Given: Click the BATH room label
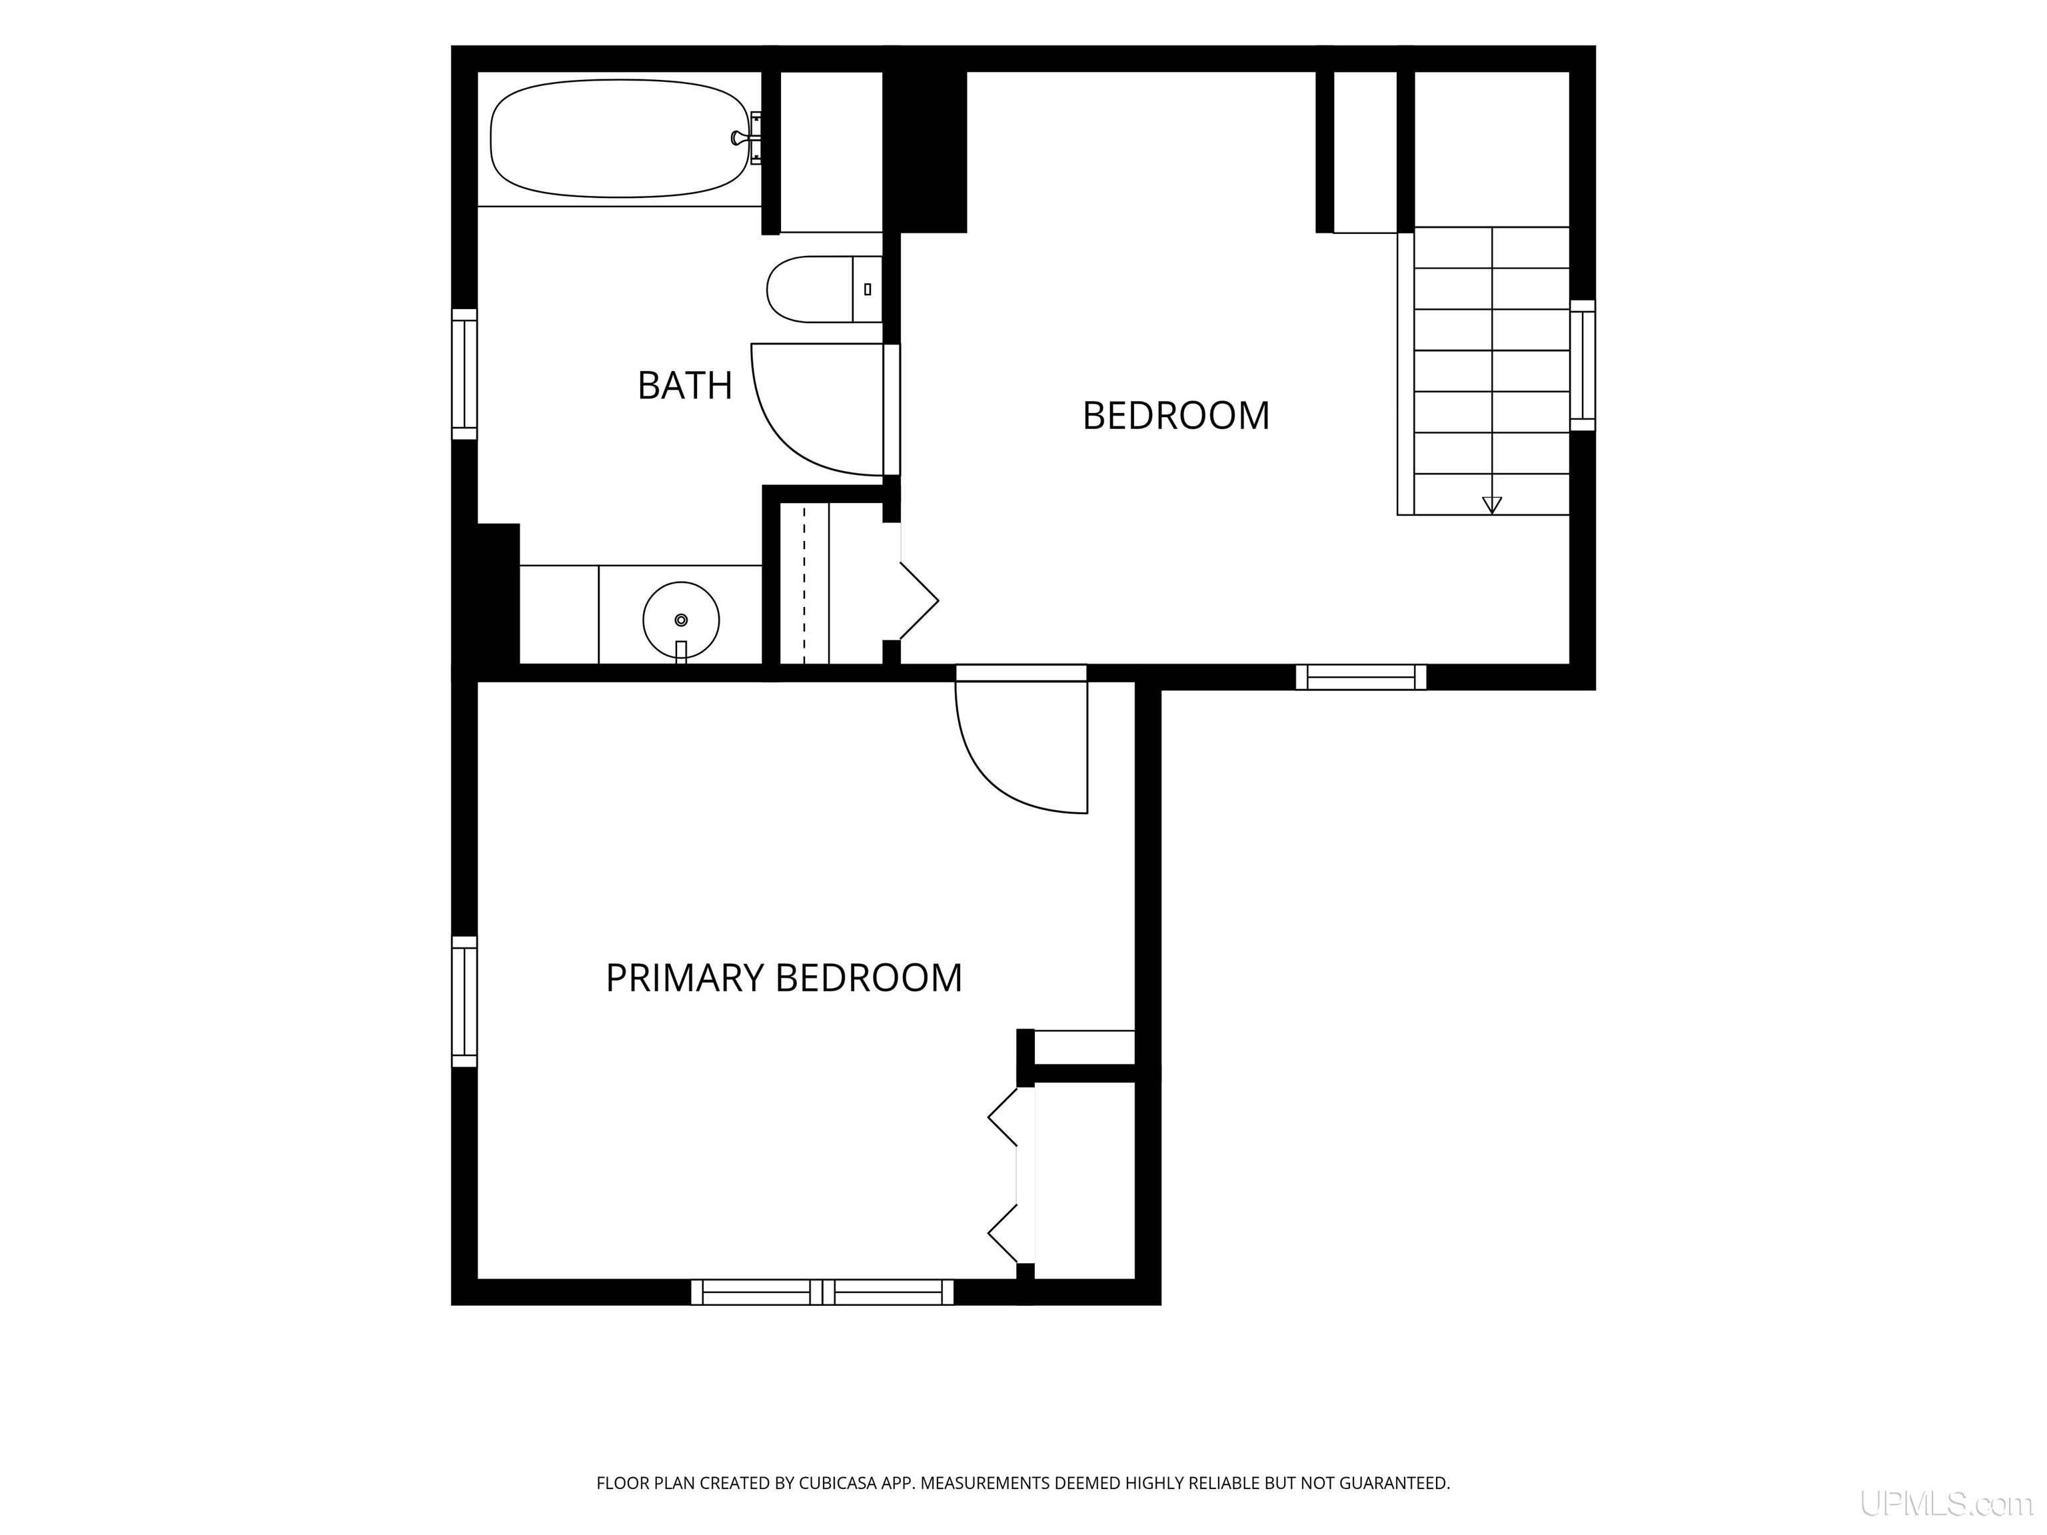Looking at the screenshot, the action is pyautogui.click(x=685, y=385).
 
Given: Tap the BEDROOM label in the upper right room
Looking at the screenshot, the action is pyautogui.click(x=1175, y=416).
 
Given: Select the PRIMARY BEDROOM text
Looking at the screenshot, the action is pyautogui.click(x=784, y=978).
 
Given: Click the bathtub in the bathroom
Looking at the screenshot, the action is pyautogui.click(x=619, y=139).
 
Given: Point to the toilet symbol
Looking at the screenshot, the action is pyautogui.click(x=824, y=290).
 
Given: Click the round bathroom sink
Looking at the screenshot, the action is pyautogui.click(x=681, y=620).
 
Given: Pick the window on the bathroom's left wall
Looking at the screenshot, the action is pyautogui.click(x=464, y=374).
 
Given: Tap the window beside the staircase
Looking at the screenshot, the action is pyautogui.click(x=1583, y=366).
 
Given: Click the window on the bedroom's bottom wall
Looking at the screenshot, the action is pyautogui.click(x=1361, y=678).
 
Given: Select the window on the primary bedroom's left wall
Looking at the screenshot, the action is pyautogui.click(x=464, y=1002).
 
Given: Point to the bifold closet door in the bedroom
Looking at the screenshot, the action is pyautogui.click(x=919, y=602).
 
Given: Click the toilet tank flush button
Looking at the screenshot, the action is pyautogui.click(x=867, y=290).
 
